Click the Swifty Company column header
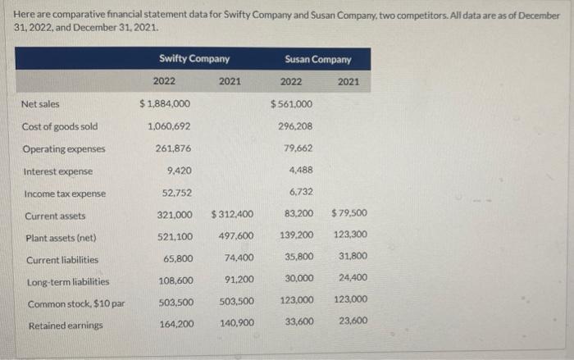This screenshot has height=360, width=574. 194,58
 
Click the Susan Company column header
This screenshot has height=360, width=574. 317,59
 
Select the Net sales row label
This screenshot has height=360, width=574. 42,104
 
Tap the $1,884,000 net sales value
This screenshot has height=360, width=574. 166,104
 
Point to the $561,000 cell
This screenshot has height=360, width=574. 292,104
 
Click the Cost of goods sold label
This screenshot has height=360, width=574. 60,126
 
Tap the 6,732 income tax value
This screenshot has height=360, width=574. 301,192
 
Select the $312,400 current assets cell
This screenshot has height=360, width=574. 233,215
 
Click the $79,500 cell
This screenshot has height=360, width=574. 349,214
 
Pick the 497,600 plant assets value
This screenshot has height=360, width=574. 236,236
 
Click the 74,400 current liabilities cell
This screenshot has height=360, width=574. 239,258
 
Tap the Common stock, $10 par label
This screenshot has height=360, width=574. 73,303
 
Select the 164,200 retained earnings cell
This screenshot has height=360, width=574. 176,324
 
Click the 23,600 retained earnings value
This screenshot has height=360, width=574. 353,321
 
